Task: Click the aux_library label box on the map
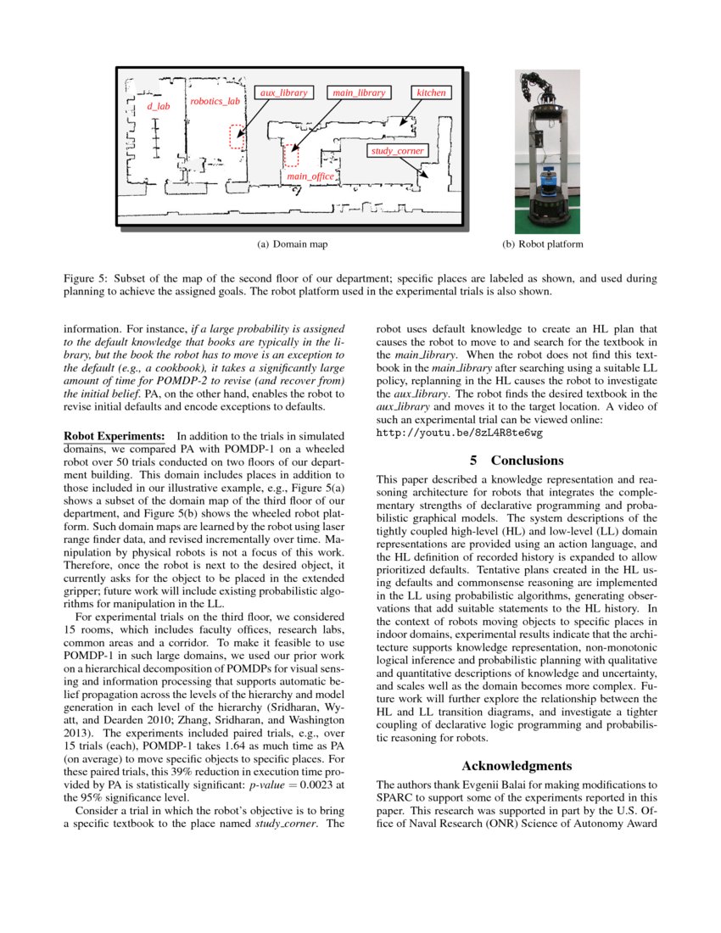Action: click(x=284, y=92)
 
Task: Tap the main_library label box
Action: click(x=359, y=92)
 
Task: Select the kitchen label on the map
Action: click(x=431, y=92)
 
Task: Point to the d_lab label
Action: click(x=159, y=106)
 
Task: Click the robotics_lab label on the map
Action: click(x=215, y=101)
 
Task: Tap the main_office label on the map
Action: click(x=310, y=176)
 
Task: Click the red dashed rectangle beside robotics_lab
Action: click(x=237, y=136)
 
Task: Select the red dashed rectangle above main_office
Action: click(x=291, y=156)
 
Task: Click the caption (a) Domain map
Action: click(x=292, y=244)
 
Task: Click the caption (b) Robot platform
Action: click(x=543, y=244)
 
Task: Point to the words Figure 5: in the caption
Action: click(x=86, y=277)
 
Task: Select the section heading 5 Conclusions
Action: click(x=517, y=461)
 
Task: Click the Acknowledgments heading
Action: click(x=517, y=765)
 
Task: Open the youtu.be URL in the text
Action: click(x=459, y=432)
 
